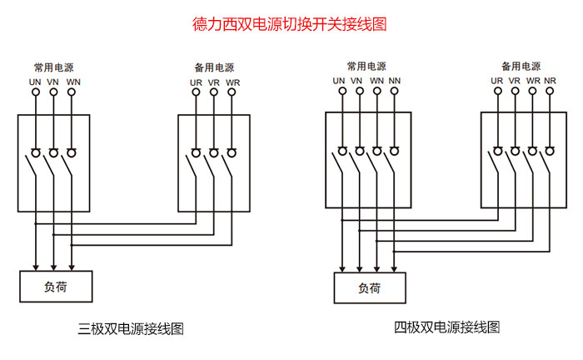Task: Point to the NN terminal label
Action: pyautogui.click(x=395, y=81)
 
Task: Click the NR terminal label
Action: pyautogui.click(x=551, y=81)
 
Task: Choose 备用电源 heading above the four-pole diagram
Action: pyautogui.click(x=521, y=65)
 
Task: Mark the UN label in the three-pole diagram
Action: pyautogui.click(x=36, y=82)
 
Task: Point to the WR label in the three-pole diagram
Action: pyautogui.click(x=232, y=82)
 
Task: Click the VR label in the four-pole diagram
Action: pyautogui.click(x=514, y=81)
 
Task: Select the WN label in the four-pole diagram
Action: pyautogui.click(x=376, y=81)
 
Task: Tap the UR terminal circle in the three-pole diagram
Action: pyautogui.click(x=197, y=93)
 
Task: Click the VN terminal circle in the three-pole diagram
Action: pyautogui.click(x=53, y=93)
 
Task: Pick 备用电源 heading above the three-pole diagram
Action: pyautogui.click(x=213, y=67)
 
